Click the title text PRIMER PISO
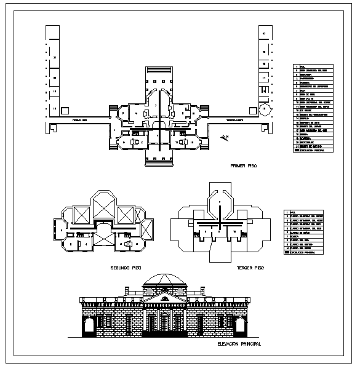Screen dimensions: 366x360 [x=243, y=166]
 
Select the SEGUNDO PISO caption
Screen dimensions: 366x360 [x=126, y=269]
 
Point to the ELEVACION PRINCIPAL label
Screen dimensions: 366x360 [x=240, y=344]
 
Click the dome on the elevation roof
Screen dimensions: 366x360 [x=164, y=280]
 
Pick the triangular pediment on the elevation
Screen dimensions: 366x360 [x=164, y=299]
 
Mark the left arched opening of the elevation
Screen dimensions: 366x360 [x=90, y=324]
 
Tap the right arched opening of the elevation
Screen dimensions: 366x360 [x=239, y=324]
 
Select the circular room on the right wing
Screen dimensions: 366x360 [x=264, y=110]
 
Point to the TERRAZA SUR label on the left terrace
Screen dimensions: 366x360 [x=80, y=120]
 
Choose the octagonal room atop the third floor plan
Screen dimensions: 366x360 [x=219, y=202]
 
